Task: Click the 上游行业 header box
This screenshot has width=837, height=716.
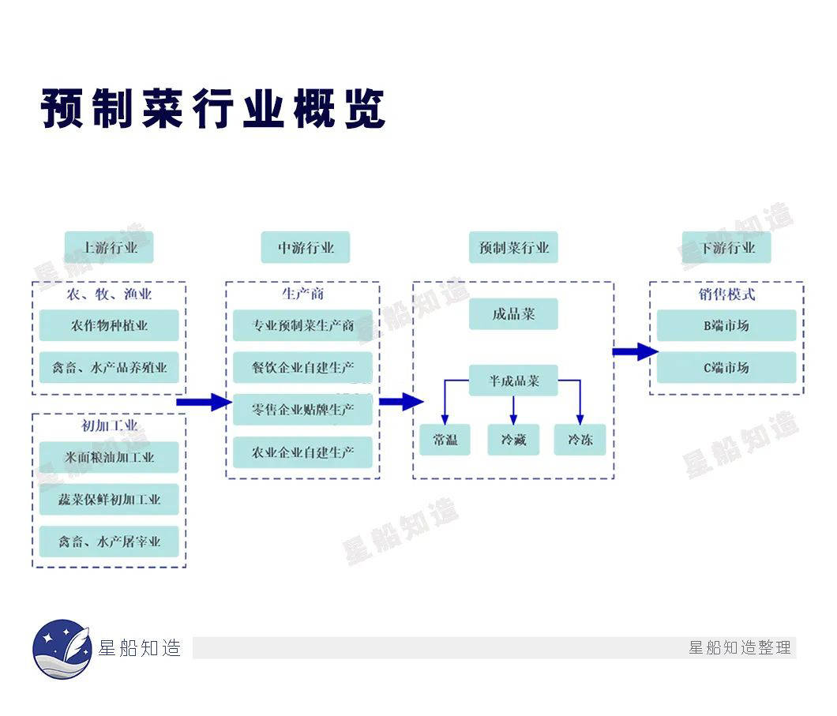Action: coord(109,248)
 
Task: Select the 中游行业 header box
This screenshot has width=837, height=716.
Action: coord(306,248)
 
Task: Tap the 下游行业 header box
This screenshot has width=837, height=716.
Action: coord(726,248)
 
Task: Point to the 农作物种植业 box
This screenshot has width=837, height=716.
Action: coord(109,325)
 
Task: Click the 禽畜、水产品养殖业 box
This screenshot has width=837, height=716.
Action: coord(109,368)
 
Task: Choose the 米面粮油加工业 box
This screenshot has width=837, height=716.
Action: coord(109,458)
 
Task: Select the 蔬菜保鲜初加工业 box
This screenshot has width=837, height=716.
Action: coord(109,500)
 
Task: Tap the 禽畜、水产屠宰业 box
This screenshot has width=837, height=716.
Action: coord(109,542)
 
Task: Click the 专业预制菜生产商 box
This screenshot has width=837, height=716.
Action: coord(302,325)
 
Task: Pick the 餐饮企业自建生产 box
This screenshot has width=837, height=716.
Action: coord(302,368)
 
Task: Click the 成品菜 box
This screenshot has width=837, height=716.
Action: coord(513,314)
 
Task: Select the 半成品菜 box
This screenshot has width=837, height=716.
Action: coord(513,381)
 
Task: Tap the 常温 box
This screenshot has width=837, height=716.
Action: coord(445,440)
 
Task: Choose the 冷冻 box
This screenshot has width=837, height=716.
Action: coord(580,440)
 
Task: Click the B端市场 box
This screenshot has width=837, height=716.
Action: coord(726,325)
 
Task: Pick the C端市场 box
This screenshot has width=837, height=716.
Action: coord(726,368)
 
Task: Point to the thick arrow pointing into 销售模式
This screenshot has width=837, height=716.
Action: coord(636,351)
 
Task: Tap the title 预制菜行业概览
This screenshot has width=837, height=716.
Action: coord(213,109)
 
